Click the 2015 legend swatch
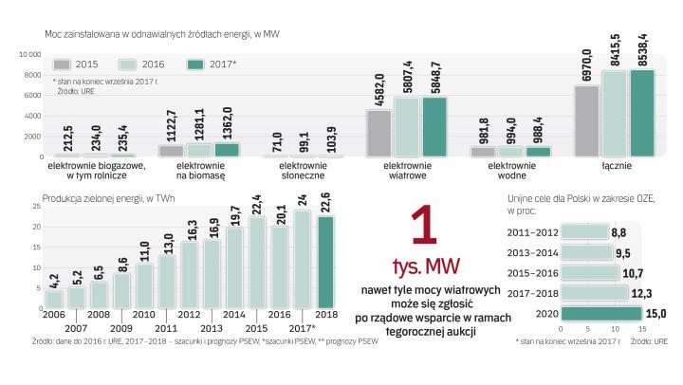63,64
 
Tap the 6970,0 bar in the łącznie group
586,120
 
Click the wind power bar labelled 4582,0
378,133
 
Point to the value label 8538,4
642,46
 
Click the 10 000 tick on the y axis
29,54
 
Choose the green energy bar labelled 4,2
53,298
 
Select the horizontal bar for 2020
600,313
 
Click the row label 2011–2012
534,231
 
